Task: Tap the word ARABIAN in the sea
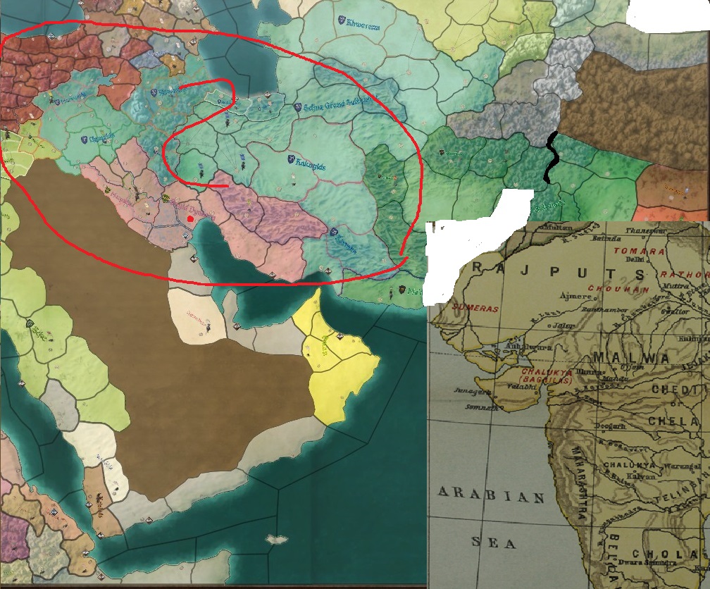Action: point(491,496)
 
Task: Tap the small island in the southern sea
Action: point(276,540)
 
